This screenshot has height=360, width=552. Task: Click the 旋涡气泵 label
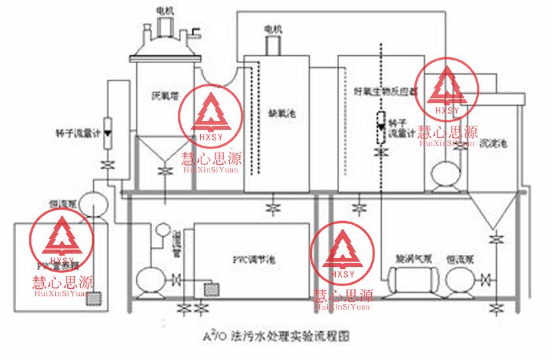(x=403, y=255)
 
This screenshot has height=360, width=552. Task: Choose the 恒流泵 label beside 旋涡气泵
(x=459, y=255)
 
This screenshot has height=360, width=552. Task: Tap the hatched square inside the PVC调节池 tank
(x=213, y=289)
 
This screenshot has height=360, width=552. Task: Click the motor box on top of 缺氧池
(x=273, y=45)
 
